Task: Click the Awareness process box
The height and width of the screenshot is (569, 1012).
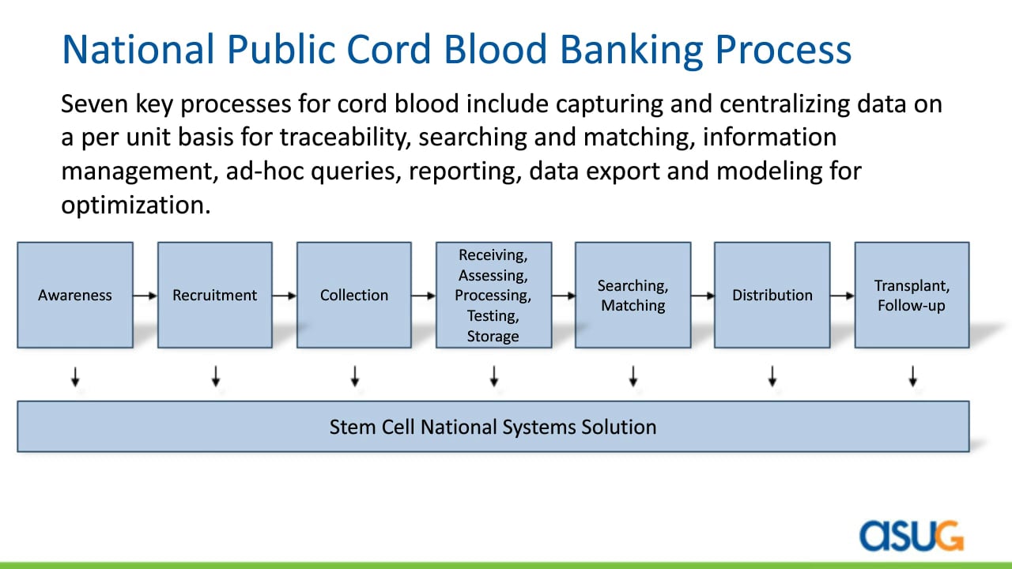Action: click(75, 295)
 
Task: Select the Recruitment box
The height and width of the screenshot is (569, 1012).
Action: click(215, 295)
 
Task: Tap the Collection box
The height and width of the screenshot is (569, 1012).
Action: click(354, 295)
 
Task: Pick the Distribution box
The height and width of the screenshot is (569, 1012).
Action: click(772, 295)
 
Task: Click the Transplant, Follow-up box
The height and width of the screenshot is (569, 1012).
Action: click(912, 295)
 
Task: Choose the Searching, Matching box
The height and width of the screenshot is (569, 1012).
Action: click(633, 295)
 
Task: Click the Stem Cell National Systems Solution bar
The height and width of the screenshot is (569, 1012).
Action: click(493, 426)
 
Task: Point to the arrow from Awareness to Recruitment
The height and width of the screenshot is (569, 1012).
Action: click(145, 296)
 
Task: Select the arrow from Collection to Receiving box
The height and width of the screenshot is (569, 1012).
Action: click(424, 296)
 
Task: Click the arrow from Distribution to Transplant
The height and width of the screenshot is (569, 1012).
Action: click(842, 296)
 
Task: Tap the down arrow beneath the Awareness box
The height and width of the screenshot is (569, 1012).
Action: click(75, 376)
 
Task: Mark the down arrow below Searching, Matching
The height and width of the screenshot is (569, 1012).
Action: click(633, 376)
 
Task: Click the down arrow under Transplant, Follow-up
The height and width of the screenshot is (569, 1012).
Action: click(912, 376)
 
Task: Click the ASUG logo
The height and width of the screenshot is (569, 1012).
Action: click(912, 536)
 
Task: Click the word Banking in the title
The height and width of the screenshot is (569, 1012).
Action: click(632, 50)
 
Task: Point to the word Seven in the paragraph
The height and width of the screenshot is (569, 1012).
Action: click(94, 104)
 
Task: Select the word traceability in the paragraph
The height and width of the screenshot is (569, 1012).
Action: click(346, 138)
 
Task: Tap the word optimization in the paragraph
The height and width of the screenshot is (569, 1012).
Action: click(136, 205)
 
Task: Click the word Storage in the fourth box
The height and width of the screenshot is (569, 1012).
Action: click(493, 337)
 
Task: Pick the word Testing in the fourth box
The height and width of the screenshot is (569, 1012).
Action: click(493, 315)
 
